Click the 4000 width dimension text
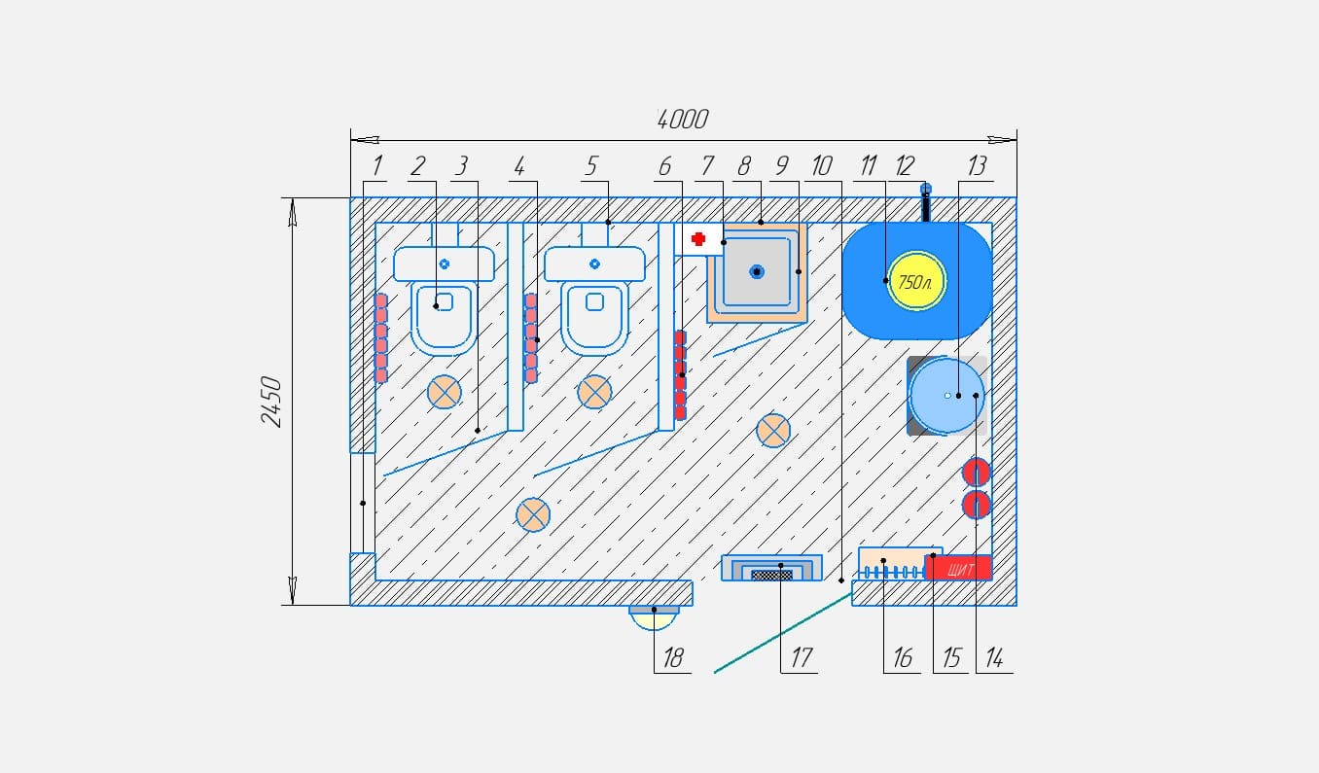pos(683,120)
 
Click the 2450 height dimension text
pos(271,402)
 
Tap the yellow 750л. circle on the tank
pos(916,281)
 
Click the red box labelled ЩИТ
pos(959,568)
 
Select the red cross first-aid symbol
pos(698,239)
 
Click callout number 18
pos(673,657)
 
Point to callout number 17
pos(802,657)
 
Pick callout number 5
pos(591,166)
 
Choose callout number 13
pos(977,166)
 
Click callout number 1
pos(376,166)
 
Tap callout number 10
pos(822,166)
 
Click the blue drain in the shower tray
pos(757,272)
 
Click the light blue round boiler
pos(945,396)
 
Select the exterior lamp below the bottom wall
pos(654,617)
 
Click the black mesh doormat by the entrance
pos(772,576)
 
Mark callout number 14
pos(994,657)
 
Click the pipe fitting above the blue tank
pos(926,202)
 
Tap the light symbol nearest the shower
pos(773,431)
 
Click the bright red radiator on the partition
pos(680,375)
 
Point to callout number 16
pos(903,657)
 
